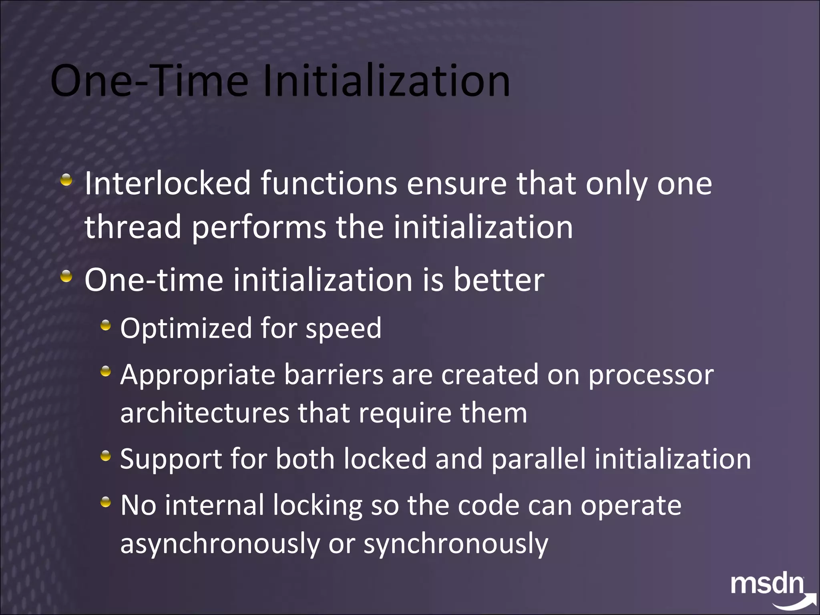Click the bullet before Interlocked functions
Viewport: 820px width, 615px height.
(x=66, y=180)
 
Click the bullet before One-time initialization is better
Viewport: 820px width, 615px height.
(x=66, y=277)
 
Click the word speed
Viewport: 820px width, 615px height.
(x=344, y=329)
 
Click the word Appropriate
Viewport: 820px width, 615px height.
(x=198, y=375)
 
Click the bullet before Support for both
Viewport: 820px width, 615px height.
(x=105, y=455)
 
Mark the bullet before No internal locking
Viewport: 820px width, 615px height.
(x=105, y=502)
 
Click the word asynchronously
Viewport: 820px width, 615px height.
(x=220, y=544)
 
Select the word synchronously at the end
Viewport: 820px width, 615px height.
(x=456, y=544)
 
